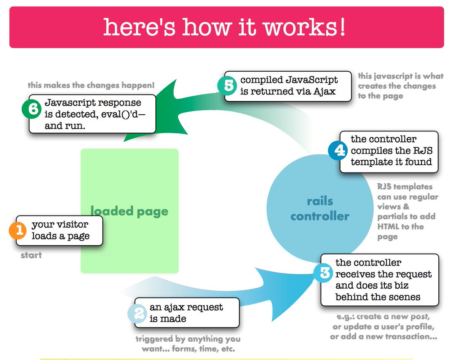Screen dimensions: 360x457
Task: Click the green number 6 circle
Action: pyautogui.click(x=33, y=109)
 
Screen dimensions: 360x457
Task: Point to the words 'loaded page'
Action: pyautogui.click(x=129, y=211)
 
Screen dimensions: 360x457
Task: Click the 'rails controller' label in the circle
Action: pyautogui.click(x=320, y=209)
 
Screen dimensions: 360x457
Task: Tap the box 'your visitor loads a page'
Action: pyautogui.click(x=60, y=230)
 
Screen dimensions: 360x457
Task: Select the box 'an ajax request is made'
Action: pyautogui.click(x=187, y=313)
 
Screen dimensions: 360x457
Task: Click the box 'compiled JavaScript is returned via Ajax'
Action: pyautogui.click(x=288, y=86)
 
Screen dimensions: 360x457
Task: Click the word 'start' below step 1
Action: pyautogui.click(x=31, y=255)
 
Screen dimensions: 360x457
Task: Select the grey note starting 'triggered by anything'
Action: pyautogui.click(x=188, y=343)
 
